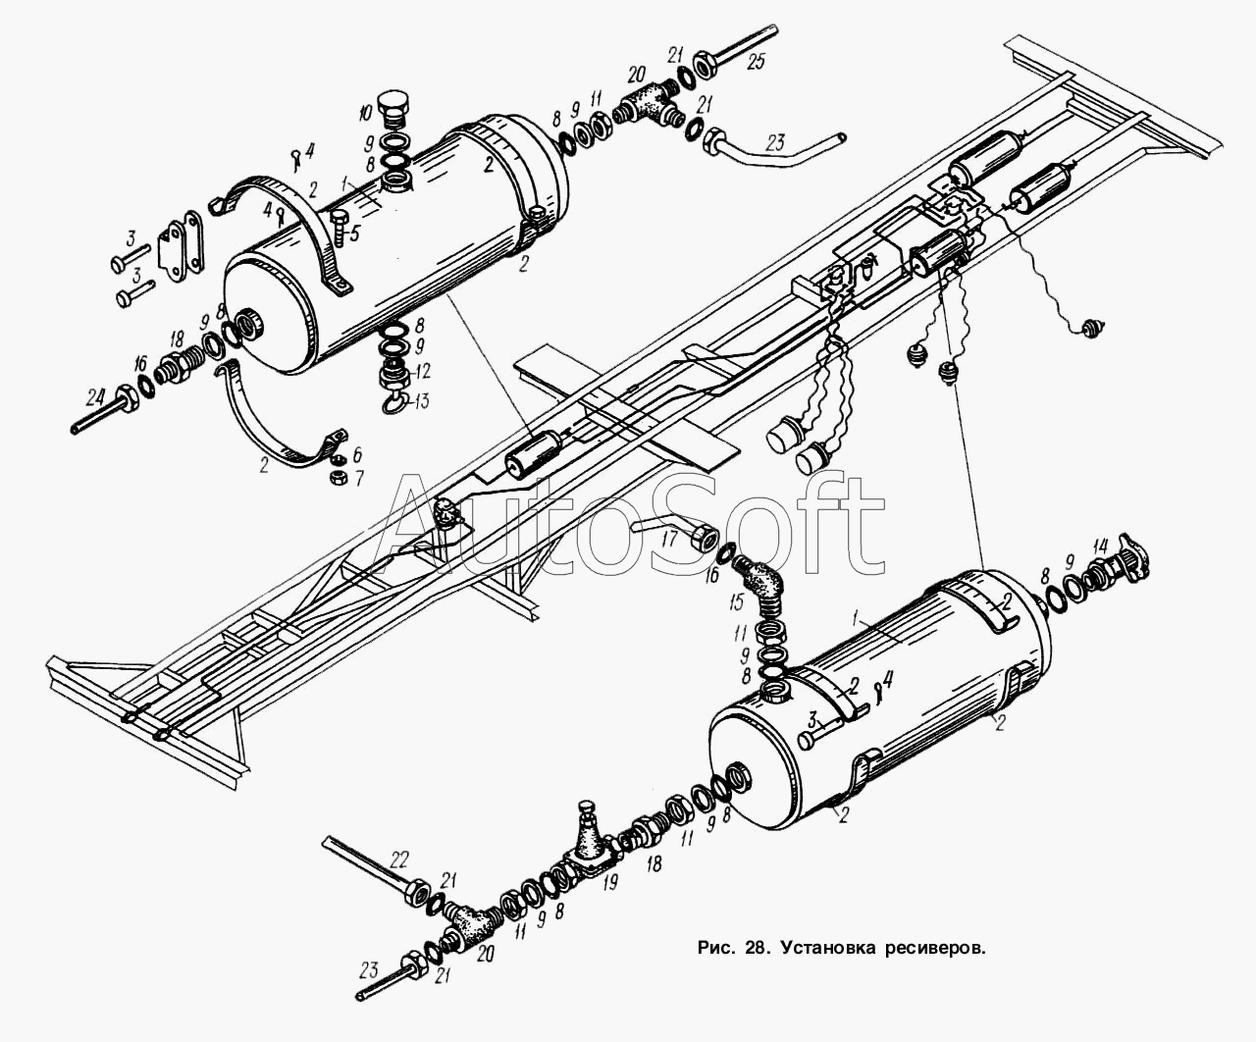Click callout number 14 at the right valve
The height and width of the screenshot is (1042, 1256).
(x=1100, y=547)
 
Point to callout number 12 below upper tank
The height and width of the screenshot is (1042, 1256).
(x=422, y=371)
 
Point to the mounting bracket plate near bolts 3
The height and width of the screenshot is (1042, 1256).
(x=181, y=246)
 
